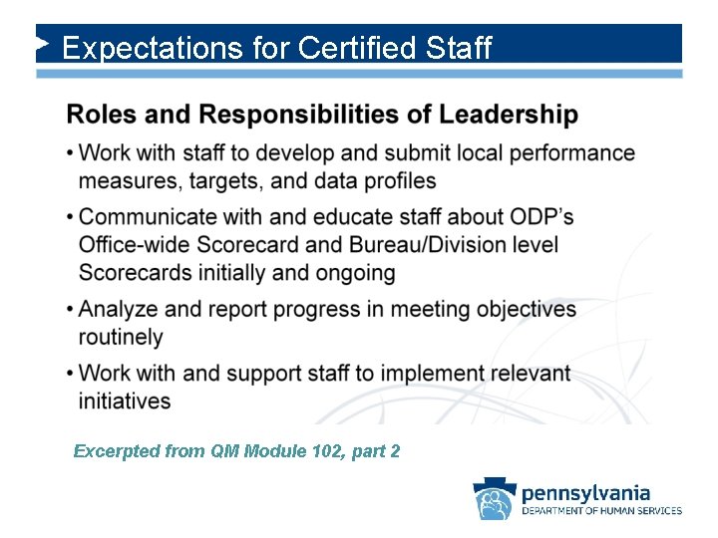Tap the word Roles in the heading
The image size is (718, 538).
point(102,115)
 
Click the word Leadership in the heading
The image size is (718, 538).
point(506,115)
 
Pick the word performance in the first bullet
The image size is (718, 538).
point(577,153)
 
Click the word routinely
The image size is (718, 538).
point(120,337)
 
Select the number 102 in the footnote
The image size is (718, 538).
point(314,451)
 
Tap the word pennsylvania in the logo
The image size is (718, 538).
point(585,492)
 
